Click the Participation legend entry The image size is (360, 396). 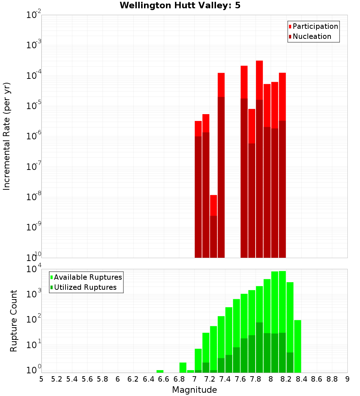[315, 26]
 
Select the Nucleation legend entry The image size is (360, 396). [311, 36]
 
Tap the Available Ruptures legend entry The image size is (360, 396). [87, 277]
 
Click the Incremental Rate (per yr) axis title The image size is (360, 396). [7, 136]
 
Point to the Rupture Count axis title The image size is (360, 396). [14, 320]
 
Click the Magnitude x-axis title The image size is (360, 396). [194, 390]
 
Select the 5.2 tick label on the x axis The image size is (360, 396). [57, 379]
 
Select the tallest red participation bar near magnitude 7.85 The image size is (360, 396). [259, 79]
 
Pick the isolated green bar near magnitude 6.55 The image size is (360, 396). [160, 371]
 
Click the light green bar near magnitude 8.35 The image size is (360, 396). [298, 346]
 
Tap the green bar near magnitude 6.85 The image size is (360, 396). [183, 367]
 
